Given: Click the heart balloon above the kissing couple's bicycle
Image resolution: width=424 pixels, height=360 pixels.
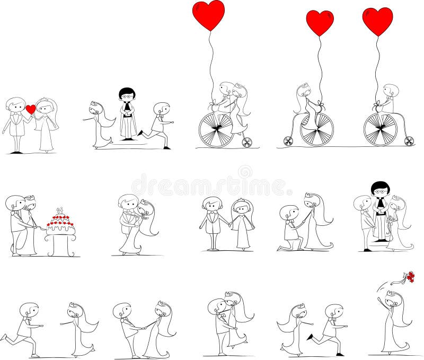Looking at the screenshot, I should [x=208, y=14].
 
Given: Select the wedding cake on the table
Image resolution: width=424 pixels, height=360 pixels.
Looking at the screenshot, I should [x=60, y=222].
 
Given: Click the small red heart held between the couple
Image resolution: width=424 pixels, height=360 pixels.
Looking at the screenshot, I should [x=31, y=109].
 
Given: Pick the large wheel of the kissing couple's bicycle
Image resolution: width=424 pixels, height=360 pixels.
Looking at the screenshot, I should [x=216, y=130].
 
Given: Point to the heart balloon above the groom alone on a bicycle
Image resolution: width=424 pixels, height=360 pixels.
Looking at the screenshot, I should [x=377, y=21].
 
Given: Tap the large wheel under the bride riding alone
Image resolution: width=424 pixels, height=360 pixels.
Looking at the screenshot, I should [x=316, y=130].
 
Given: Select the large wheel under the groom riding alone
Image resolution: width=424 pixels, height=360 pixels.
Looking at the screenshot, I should [x=380, y=129].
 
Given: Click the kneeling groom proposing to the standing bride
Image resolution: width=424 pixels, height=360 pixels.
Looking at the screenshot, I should [x=289, y=229].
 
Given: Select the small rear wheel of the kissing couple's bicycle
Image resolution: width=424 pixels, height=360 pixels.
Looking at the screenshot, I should [x=247, y=142].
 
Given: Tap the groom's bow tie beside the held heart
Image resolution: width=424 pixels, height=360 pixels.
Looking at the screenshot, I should [x=17, y=113].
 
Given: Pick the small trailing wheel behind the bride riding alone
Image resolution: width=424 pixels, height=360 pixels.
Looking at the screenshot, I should [x=288, y=141].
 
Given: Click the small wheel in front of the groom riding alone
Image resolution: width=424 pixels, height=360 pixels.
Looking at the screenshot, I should [x=409, y=141].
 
